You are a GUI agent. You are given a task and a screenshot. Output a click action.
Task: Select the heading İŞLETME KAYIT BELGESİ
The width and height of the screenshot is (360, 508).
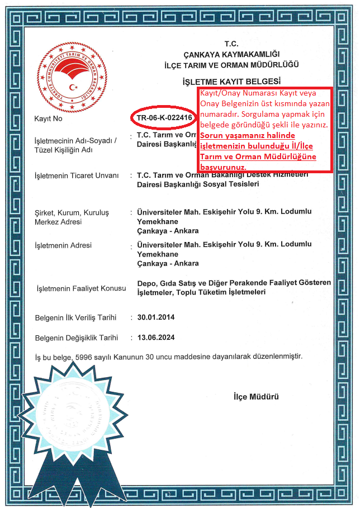click(231, 82)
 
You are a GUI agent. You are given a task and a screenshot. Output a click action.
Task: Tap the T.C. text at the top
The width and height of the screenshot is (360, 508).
click(231, 44)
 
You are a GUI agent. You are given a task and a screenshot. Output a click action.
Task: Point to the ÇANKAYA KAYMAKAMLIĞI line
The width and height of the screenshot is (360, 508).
click(231, 54)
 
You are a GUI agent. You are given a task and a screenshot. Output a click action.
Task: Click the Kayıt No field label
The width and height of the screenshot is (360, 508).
click(49, 119)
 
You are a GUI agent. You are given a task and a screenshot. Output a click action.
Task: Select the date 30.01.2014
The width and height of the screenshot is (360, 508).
click(156, 317)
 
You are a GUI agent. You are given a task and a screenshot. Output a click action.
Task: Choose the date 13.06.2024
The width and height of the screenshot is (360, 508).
click(156, 338)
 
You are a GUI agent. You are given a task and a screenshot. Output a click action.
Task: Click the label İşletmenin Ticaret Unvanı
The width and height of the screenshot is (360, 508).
click(77, 175)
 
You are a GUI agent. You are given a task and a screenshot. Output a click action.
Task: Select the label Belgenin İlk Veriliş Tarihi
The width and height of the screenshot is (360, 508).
click(75, 317)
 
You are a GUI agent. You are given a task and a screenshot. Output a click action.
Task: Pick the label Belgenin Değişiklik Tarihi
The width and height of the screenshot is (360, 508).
click(77, 338)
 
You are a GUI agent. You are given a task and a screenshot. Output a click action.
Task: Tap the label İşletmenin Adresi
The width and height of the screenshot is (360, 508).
click(63, 245)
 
